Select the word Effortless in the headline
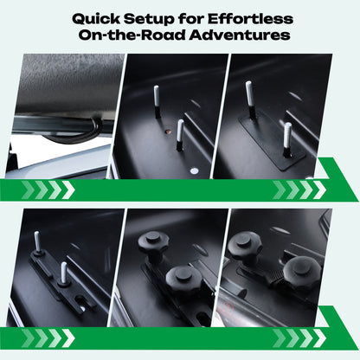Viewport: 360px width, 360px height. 250,19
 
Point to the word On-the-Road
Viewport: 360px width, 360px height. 132,35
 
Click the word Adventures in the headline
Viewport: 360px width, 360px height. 240,35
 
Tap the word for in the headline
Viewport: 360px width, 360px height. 191,19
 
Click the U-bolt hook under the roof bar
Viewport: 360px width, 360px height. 78,132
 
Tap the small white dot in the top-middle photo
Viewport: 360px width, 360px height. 195,170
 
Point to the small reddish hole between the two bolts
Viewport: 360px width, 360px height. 168,132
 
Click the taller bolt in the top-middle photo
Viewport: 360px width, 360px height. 157,101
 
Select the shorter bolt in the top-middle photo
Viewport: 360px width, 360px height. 180,135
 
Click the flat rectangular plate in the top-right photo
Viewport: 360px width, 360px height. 271,143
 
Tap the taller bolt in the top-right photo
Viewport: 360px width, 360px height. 250,100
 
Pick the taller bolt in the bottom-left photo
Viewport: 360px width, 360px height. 37,241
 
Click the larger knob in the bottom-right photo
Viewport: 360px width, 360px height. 302,271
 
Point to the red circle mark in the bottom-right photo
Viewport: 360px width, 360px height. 228,305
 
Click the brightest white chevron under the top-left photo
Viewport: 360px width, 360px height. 68,190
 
